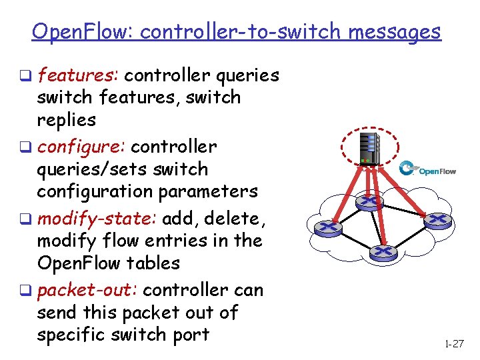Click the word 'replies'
67,120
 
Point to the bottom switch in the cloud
383,251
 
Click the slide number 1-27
453,344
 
